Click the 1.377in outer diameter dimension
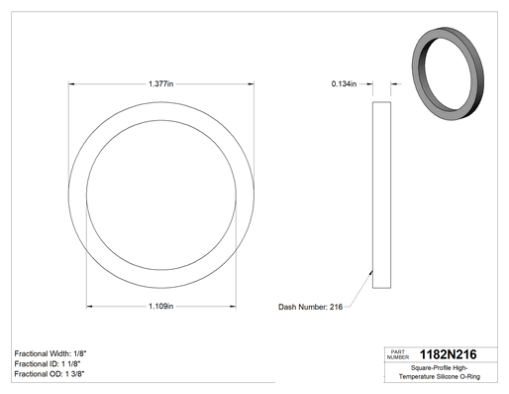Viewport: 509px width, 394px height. (x=160, y=83)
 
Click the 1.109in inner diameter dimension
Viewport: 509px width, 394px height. (x=160, y=307)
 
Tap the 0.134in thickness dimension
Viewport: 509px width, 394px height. (x=344, y=84)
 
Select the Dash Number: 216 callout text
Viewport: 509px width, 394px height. (x=310, y=307)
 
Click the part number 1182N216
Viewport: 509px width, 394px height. (x=448, y=354)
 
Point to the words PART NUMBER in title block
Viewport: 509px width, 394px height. (x=398, y=354)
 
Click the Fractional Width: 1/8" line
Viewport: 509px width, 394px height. (x=51, y=353)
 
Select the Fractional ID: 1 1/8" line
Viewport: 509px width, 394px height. (x=48, y=364)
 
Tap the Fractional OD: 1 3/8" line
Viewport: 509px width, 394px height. (x=50, y=374)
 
